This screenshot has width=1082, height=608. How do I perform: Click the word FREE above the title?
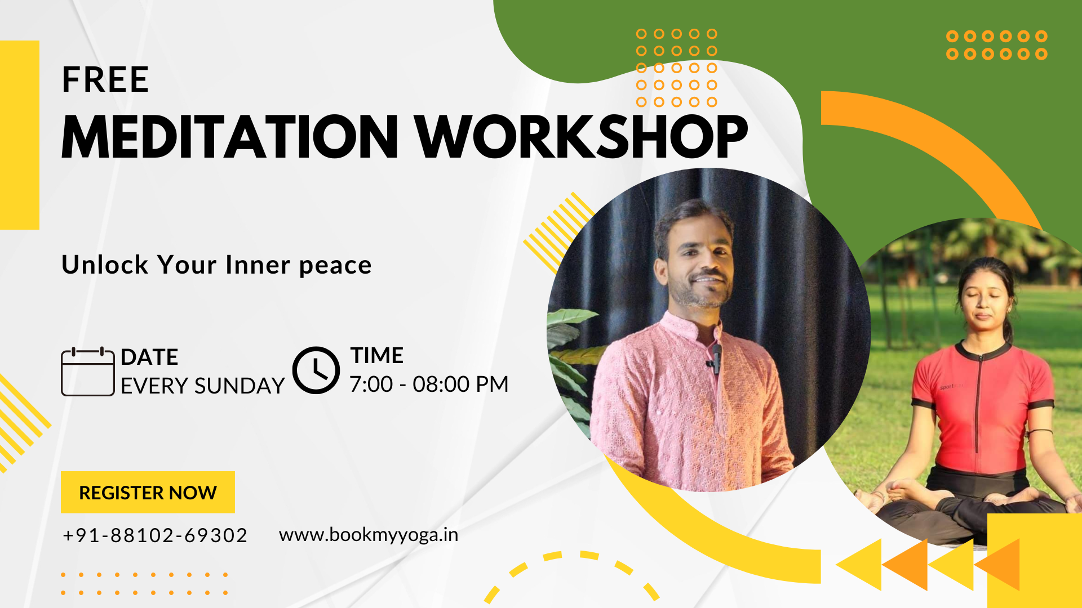pyautogui.click(x=105, y=79)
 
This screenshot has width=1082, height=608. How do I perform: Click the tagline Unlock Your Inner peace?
pyautogui.click(x=216, y=265)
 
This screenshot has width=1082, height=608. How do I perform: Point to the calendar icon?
pyautogui.click(x=88, y=372)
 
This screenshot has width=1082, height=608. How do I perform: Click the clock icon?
pyautogui.click(x=316, y=370)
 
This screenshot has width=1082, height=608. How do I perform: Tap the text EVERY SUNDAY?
pyautogui.click(x=203, y=386)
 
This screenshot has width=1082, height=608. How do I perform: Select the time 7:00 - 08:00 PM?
pyautogui.click(x=429, y=385)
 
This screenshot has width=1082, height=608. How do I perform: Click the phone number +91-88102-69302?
pyautogui.click(x=155, y=535)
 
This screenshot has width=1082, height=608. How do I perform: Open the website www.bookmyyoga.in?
pyautogui.click(x=369, y=535)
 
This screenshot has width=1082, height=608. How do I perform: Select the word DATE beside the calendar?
pyautogui.click(x=149, y=357)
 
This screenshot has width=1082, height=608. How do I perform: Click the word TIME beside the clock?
pyautogui.click(x=377, y=356)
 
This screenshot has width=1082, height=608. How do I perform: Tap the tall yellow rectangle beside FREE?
pyautogui.click(x=20, y=135)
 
